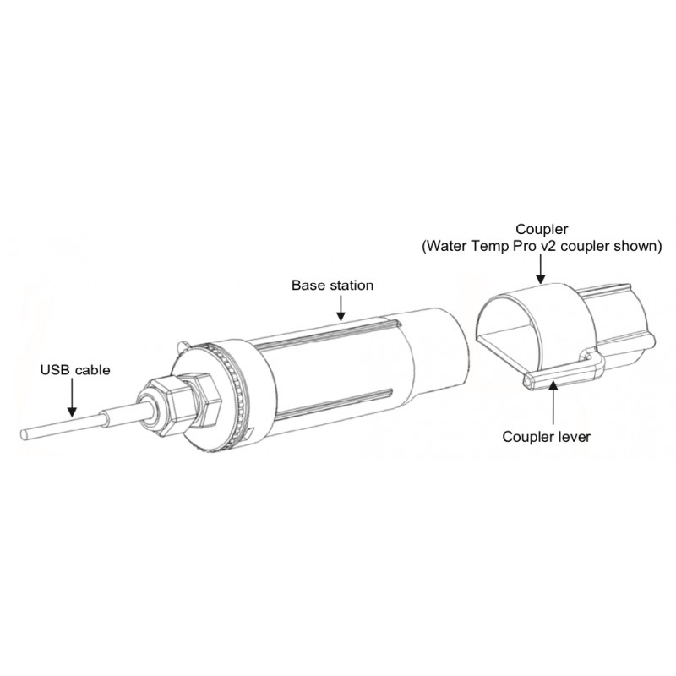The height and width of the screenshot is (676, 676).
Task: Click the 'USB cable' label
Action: click(x=75, y=370)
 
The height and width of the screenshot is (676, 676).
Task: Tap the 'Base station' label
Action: click(x=332, y=286)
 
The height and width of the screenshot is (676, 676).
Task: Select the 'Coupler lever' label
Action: click(x=546, y=437)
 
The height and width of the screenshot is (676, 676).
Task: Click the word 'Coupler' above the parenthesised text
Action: click(x=542, y=229)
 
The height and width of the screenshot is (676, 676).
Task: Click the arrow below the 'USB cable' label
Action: click(x=72, y=397)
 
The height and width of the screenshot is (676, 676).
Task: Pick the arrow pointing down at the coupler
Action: click(x=541, y=269)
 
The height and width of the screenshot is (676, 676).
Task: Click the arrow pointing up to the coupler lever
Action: click(x=553, y=405)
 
